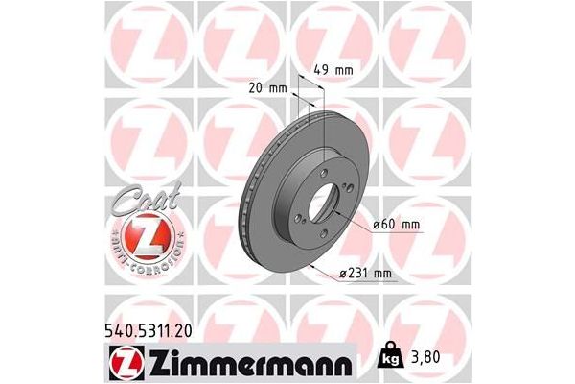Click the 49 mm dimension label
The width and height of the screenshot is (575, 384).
pyautogui.click(x=333, y=69)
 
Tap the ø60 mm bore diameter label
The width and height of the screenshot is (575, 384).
pyautogui.click(x=398, y=224)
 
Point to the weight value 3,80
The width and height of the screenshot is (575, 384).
pyautogui.click(x=428, y=357)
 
